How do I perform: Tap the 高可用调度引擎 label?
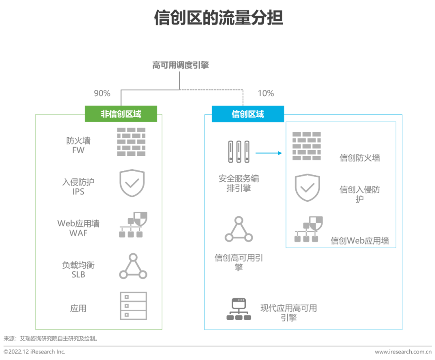(x=180, y=65)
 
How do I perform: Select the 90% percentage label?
(x=102, y=93)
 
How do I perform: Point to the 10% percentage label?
(x=265, y=93)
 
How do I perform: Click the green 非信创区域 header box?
(x=121, y=114)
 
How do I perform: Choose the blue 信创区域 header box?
(x=248, y=114)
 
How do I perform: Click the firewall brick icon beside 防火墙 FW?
(x=131, y=142)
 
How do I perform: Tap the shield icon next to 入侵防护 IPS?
(x=132, y=183)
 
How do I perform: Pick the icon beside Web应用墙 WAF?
(x=133, y=225)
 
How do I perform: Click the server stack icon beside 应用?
(x=133, y=306)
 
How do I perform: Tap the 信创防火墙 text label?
(x=360, y=158)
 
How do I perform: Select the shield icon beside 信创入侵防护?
(x=307, y=187)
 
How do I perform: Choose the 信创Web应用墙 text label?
(x=360, y=241)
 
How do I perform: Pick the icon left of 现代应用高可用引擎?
(x=238, y=309)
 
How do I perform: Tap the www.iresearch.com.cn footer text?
(x=403, y=352)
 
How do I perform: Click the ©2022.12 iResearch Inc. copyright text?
(x=35, y=352)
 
